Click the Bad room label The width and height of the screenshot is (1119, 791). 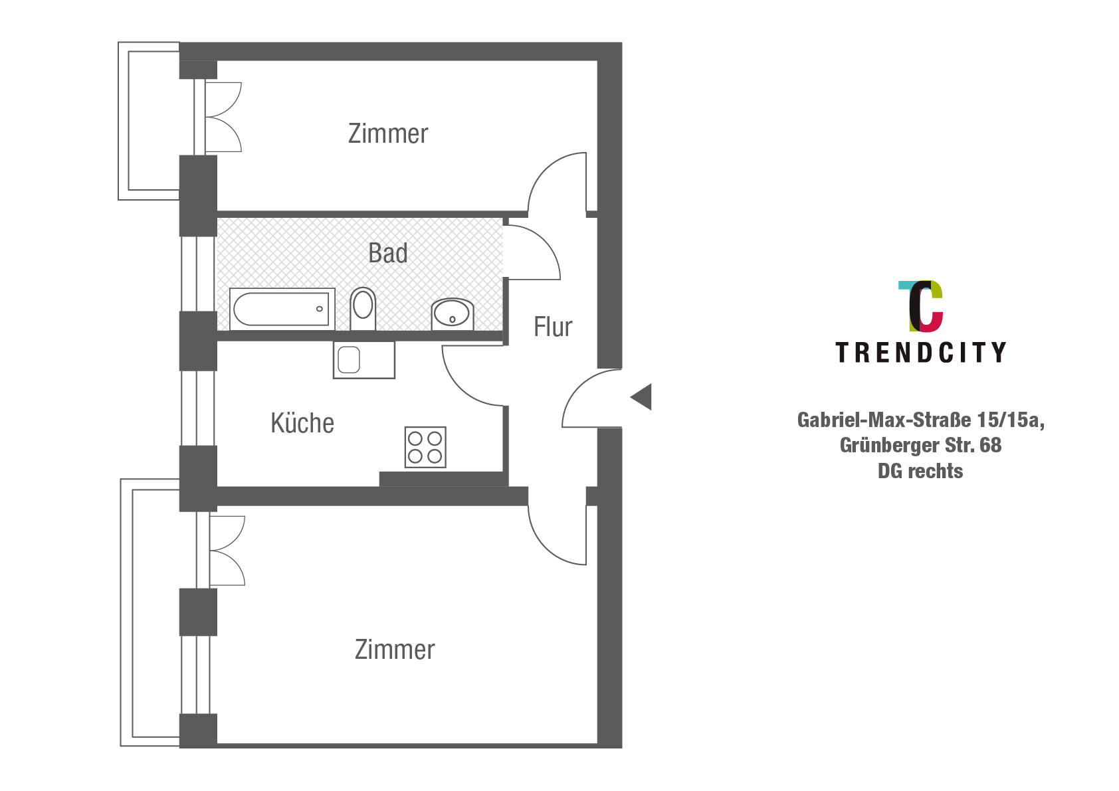tap(388, 253)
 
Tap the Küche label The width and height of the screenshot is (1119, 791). tap(302, 423)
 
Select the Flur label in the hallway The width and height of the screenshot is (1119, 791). tap(553, 327)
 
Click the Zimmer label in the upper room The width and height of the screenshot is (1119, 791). tap(388, 133)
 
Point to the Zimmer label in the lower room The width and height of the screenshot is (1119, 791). tap(395, 650)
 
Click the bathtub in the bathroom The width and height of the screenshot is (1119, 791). tap(281, 309)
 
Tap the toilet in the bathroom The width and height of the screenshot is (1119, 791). tap(363, 308)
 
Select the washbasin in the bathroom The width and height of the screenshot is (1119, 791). tap(453, 314)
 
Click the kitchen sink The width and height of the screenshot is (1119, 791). tap(363, 361)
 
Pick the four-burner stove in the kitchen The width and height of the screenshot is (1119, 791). tap(425, 447)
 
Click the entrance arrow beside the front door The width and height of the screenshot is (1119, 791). tap(642, 397)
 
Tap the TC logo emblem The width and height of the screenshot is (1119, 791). tap(921, 306)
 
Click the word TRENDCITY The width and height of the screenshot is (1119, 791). tap(920, 353)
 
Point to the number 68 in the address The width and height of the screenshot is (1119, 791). tap(990, 445)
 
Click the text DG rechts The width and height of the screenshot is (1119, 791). tap(920, 471)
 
